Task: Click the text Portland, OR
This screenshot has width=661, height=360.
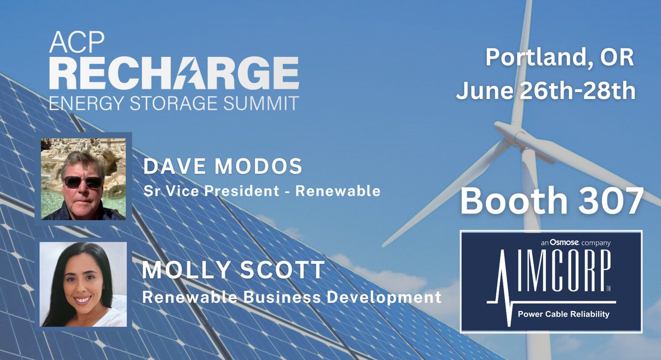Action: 560,58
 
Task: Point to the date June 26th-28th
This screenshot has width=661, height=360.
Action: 546,90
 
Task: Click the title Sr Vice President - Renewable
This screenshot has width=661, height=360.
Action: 262,191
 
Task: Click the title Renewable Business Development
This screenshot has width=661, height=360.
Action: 292,297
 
